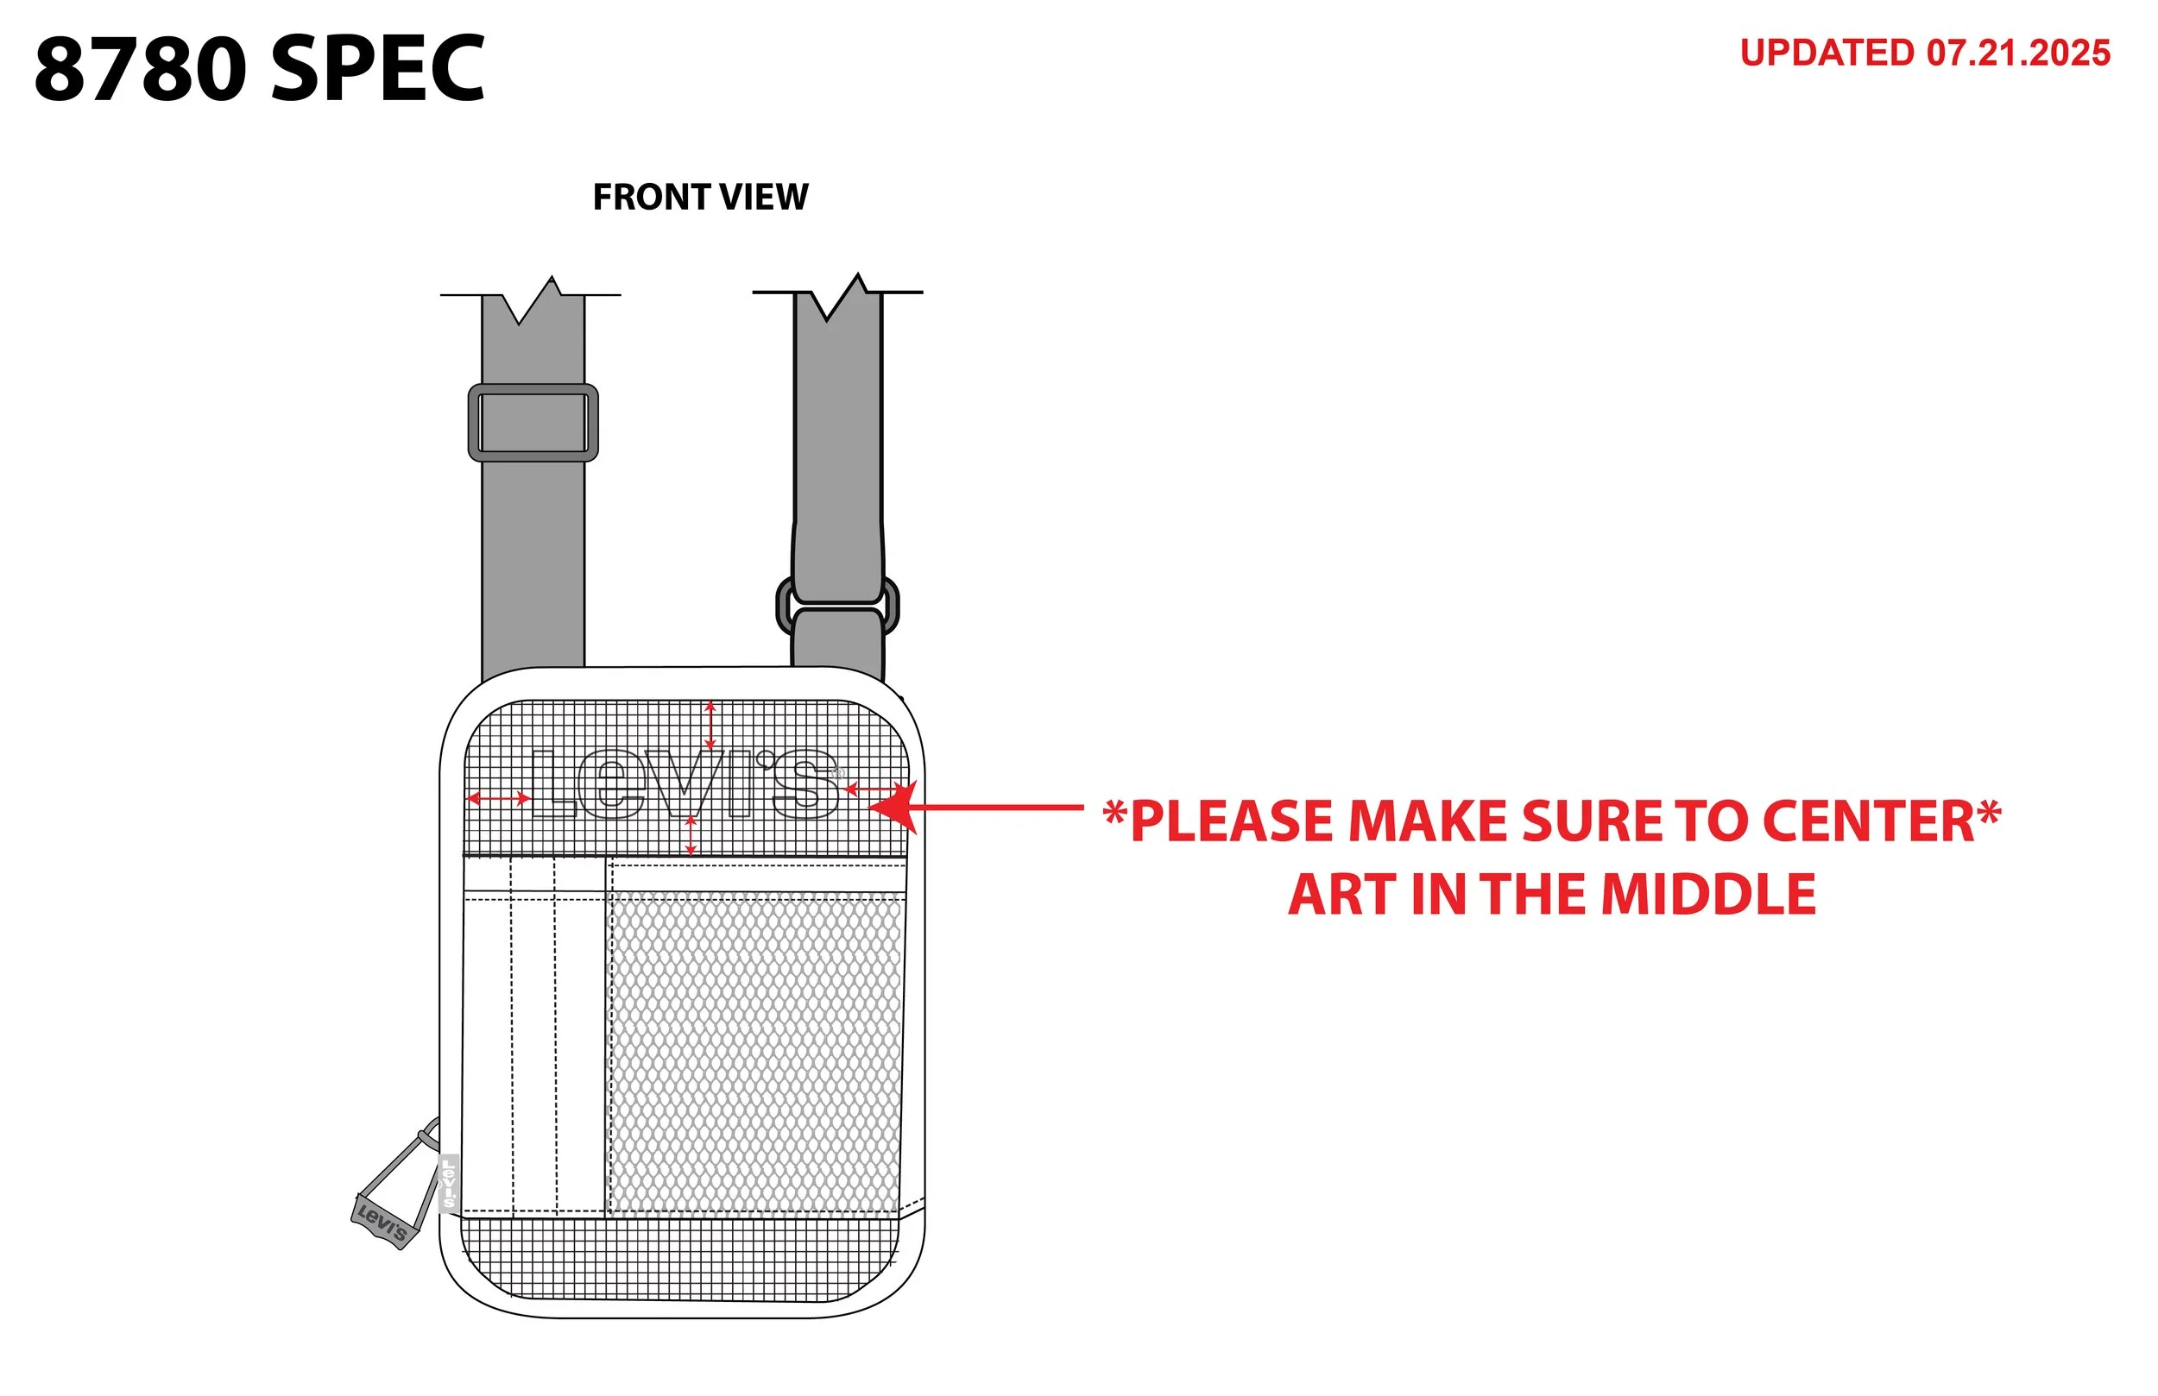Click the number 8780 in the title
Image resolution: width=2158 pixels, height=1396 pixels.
pos(141,69)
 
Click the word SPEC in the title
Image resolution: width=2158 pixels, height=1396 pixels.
pos(378,69)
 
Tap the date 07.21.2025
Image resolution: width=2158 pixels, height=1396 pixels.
pos(2018,53)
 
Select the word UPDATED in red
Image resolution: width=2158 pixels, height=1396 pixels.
pos(1827,53)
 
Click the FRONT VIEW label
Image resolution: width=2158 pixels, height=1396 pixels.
pos(700,197)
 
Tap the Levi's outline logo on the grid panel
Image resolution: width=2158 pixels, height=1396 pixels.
pos(686,784)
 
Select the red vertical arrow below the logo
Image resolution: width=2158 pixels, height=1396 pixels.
pos(691,835)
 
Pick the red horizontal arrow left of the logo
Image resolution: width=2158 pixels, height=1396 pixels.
pos(499,798)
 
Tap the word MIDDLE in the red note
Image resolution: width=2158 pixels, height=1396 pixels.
pos(1708,895)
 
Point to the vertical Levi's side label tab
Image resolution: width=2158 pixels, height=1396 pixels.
pos(448,1184)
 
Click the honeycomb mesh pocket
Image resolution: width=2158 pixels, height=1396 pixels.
pos(757,1053)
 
